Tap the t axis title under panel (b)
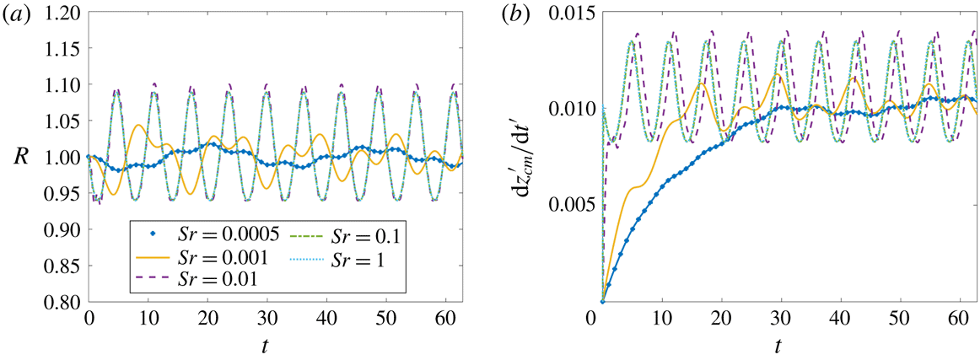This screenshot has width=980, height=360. (778, 344)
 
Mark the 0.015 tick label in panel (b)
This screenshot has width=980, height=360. (571, 13)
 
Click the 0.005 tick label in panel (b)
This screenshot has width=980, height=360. (571, 205)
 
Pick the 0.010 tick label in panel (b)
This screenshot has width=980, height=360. (571, 110)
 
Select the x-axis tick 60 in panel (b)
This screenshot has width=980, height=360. (959, 320)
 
